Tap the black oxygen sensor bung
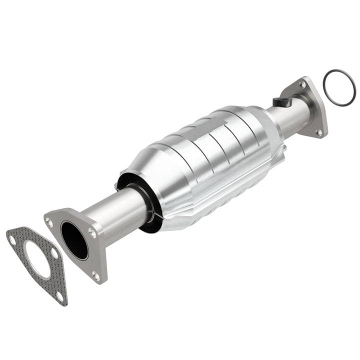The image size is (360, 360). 282,102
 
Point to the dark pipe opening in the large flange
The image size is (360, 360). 74,240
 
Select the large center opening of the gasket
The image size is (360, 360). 37,260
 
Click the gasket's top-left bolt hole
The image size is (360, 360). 12,239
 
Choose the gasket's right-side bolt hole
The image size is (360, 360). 54,253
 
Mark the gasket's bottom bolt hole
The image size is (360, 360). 60,295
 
